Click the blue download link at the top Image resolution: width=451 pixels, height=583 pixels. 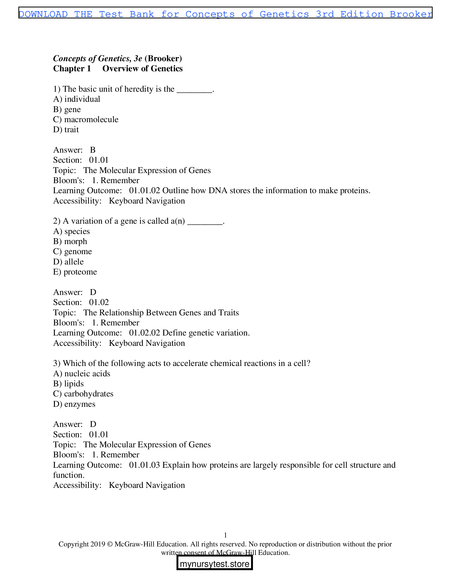pos(225,14)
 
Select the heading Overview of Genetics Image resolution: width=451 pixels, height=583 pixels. pos(142,69)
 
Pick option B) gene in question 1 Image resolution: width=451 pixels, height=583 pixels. pos(67,109)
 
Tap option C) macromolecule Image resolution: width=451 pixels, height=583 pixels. pos(85,119)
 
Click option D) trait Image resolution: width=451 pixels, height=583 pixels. pos(66,130)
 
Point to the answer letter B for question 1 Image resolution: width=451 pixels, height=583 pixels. pos(93,150)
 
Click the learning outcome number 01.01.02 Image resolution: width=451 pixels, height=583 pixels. pos(144,190)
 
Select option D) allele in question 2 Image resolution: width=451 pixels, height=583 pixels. pos(68,262)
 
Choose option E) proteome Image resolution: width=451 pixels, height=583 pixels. pos(75,272)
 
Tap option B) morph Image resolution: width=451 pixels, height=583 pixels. pos(70,241)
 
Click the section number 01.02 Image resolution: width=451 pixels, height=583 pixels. pos(99,302)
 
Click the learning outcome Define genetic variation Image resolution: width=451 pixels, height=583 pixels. pos(206,333)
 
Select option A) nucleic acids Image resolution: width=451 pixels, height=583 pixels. pos(81,373)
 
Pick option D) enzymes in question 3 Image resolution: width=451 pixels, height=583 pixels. pos(74,404)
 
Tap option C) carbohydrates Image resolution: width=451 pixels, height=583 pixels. pos(83,394)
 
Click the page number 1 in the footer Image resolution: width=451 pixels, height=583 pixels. pos(225,535)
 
